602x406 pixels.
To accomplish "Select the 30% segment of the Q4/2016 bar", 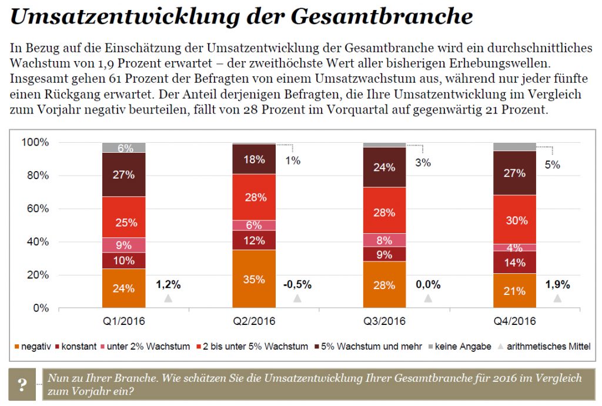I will tap(515, 220).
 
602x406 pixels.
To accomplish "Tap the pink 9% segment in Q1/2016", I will tap(123, 245).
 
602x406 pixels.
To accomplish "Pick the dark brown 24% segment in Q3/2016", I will tap(384, 167).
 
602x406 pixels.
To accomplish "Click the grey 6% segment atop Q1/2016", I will tap(123, 147).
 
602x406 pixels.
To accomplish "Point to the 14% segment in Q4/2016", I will tap(515, 263).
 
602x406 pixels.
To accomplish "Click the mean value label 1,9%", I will tap(557, 284).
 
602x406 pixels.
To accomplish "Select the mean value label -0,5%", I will tap(297, 284).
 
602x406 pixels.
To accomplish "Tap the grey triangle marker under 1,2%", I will tap(168, 298).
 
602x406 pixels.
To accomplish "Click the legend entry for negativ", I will tap(32, 347).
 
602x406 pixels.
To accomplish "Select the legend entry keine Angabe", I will tap(462, 347).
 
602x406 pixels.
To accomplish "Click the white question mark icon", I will tap(22, 385).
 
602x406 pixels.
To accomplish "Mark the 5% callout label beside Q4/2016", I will tap(552, 165).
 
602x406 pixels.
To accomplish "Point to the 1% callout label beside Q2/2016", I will tap(293, 160).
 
